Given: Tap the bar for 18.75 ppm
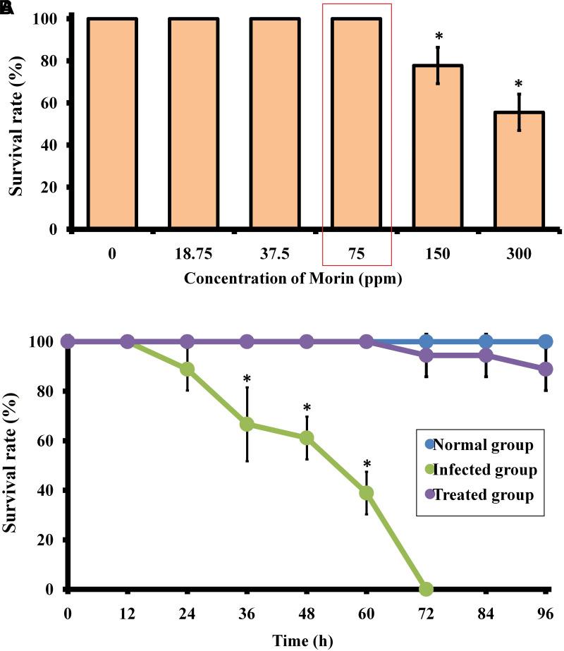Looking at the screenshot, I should tap(193, 123).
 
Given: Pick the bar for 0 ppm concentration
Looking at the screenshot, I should tap(112, 123).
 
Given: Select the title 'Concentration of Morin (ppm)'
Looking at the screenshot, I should tap(293, 279).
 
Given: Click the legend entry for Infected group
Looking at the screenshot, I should tap(475, 470).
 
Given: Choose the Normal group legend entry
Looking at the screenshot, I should tap(475, 446).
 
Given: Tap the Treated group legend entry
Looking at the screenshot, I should tap(475, 494).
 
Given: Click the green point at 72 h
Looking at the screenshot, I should tap(426, 588).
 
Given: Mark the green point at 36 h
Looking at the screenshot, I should tap(247, 424).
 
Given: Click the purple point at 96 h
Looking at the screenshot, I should tap(545, 369).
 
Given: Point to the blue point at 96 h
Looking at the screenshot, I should tap(545, 341).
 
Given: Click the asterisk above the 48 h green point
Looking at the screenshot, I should tap(307, 408).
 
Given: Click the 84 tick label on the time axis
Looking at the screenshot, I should tap(485, 612).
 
